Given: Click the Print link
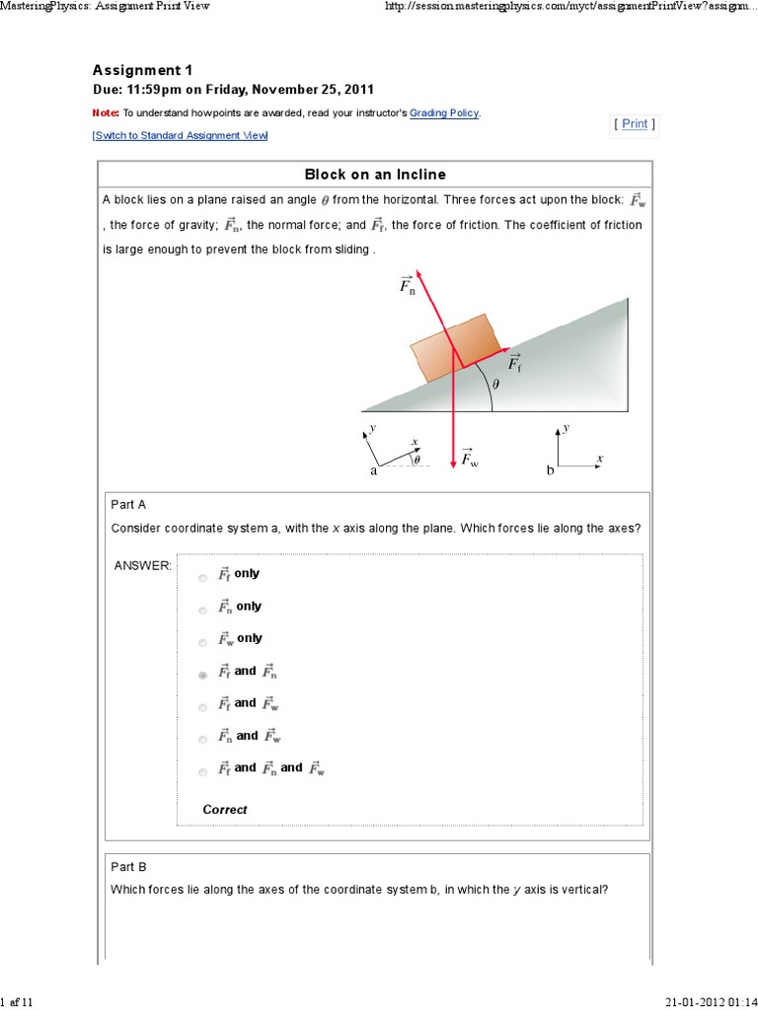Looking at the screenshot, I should pos(635,123).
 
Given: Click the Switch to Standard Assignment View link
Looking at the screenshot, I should pos(180,135).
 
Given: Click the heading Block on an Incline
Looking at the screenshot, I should pos(375,175).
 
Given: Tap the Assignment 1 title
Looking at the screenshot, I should pos(142,70).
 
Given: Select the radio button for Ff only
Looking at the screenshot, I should pos(202,578).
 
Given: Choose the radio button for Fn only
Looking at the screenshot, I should pos(202,611).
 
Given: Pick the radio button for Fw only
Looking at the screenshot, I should pos(202,643).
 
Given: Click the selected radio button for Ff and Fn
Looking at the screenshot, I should pos(202,676).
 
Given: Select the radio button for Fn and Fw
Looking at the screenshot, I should pos(202,740).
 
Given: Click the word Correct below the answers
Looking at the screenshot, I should pos(225,810).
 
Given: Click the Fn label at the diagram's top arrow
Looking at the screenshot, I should pos(407,285).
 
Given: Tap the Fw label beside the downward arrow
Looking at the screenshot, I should pos(469,459).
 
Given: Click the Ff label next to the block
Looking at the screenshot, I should pos(515,365).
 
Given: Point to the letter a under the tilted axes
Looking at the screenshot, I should pos(374,471).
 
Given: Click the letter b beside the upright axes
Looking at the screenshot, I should pos(551,471).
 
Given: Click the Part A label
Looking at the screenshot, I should pos(128,505).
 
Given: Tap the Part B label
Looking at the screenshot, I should pos(128,867).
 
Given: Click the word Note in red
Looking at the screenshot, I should pos(105,113).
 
